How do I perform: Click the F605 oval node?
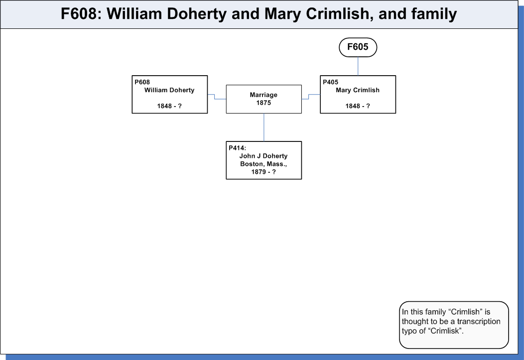coord(358,47)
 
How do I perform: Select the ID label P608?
coord(142,82)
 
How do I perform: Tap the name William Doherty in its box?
coord(169,90)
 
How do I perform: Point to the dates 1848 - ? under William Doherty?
coord(169,106)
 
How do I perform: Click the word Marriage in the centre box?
coord(263,95)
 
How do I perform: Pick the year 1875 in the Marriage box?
coord(263,103)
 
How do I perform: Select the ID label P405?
coord(331,82)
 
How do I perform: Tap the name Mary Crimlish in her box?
coord(358,90)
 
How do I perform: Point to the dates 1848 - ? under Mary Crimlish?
coord(358,106)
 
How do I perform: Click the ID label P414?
coord(237,148)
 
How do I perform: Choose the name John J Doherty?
coord(263,156)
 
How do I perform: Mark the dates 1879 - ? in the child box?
coord(263,172)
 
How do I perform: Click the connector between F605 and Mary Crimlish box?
coord(358,66)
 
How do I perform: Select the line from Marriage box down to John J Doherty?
coord(263,127)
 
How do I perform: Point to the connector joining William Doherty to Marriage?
coord(215,97)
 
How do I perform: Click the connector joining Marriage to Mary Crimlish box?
coord(309,97)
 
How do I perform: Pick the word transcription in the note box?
coord(479,322)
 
